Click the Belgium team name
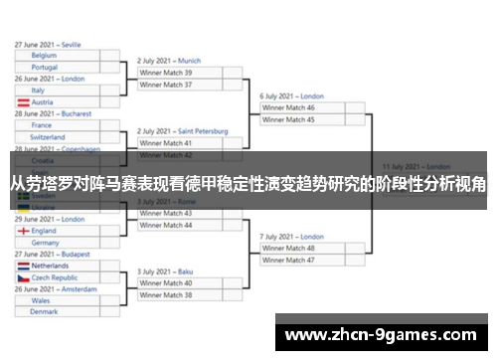point(44,56)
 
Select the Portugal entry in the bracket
point(45,68)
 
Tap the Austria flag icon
point(22,101)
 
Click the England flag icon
point(22,231)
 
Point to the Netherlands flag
point(22,266)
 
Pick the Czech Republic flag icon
point(22,277)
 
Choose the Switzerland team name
point(49,137)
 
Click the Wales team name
point(41,299)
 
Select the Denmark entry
point(44,311)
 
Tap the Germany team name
point(46,242)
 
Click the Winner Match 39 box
point(166,73)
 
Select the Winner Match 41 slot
point(166,143)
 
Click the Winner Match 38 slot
point(166,294)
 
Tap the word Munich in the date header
point(190,61)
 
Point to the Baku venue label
point(187,270)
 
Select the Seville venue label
point(71,44)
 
